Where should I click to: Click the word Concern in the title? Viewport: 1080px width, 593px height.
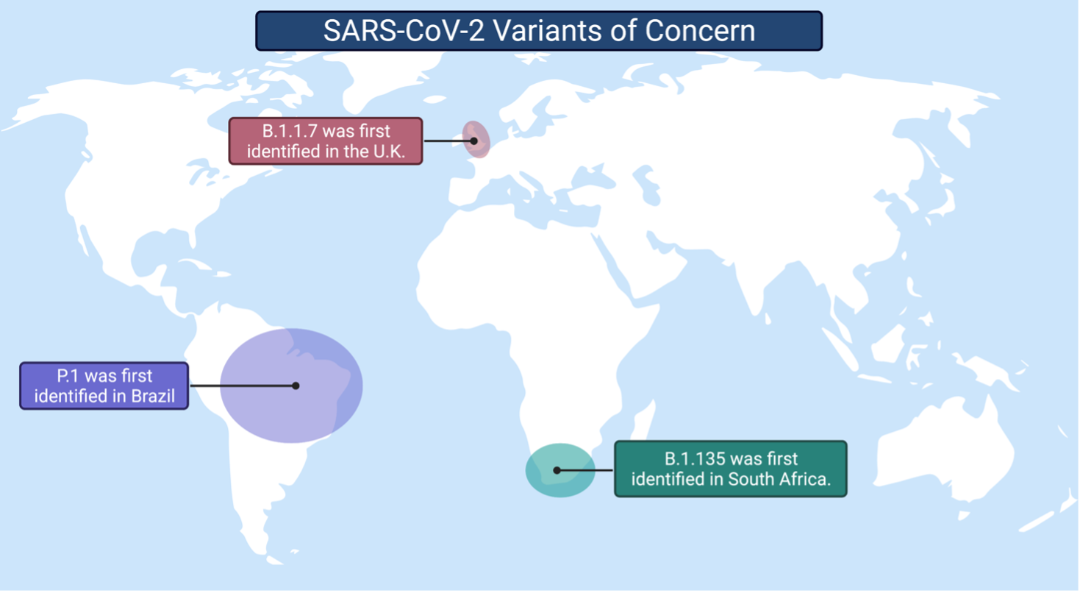click(700, 31)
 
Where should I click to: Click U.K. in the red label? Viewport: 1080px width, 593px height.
click(389, 152)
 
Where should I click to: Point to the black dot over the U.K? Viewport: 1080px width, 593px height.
click(474, 141)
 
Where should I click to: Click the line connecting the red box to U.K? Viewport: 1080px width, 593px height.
click(448, 141)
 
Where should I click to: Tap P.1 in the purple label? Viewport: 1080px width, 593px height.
click(68, 376)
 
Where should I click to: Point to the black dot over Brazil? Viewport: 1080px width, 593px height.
click(296, 386)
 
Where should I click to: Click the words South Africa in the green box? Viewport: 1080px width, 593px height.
click(779, 479)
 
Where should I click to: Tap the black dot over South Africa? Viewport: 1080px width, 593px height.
click(557, 470)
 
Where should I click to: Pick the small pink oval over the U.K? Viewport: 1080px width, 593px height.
click(476, 140)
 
